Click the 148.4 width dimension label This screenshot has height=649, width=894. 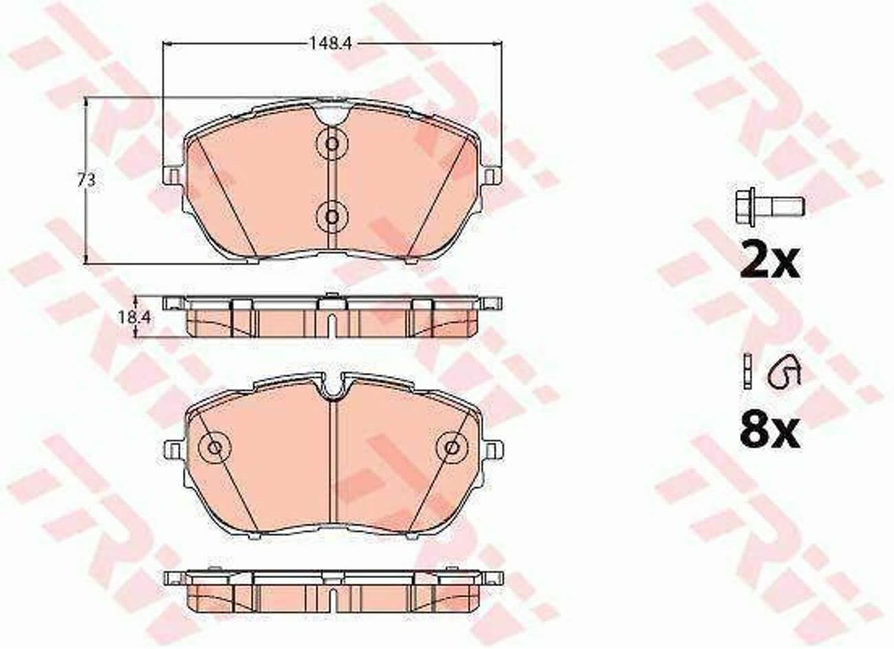pyautogui.click(x=330, y=43)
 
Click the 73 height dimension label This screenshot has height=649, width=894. pyautogui.click(x=86, y=180)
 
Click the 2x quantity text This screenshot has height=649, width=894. pyautogui.click(x=770, y=262)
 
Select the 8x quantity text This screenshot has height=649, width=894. pyautogui.click(x=770, y=432)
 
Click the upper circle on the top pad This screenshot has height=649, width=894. pyautogui.click(x=331, y=143)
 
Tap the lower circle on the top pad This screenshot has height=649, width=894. pyautogui.click(x=331, y=217)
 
